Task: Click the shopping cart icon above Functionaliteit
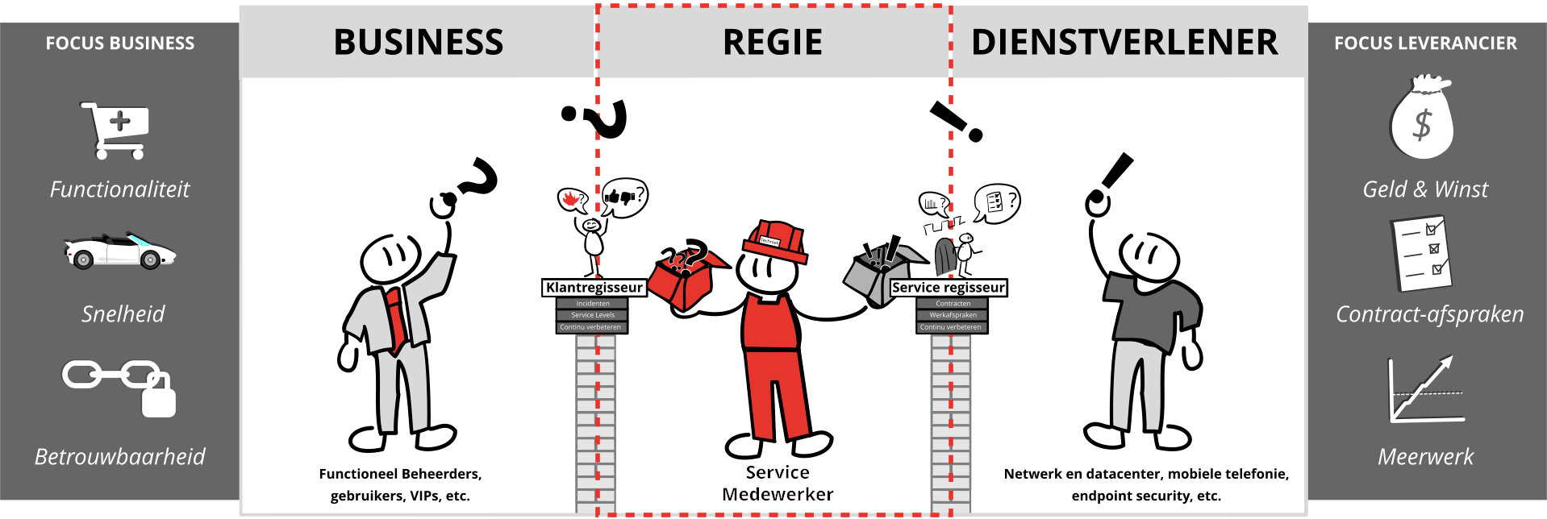(115, 130)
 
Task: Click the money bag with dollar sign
(1421, 118)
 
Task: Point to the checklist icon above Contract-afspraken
(1421, 252)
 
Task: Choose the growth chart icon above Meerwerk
(1425, 390)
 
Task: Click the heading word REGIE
(772, 43)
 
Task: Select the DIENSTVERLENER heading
(1124, 43)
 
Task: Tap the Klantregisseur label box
(594, 288)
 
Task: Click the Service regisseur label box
(949, 288)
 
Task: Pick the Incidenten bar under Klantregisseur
(592, 304)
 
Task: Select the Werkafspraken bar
(953, 315)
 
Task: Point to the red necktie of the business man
(395, 318)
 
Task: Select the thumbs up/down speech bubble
(624, 197)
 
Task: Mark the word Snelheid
(123, 314)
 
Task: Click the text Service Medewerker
(777, 484)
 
